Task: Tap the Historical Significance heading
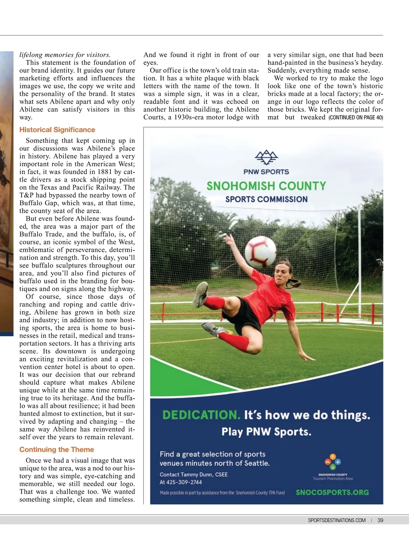[57, 130]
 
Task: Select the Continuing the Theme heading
[57, 449]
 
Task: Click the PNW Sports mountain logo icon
[266, 157]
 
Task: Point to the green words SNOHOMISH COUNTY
[266, 186]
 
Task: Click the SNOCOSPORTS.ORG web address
[332, 492]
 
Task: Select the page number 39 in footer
[380, 520]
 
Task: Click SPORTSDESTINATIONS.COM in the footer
[336, 520]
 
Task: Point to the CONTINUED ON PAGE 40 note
[356, 118]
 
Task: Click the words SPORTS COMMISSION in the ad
[266, 199]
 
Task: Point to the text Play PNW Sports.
[266, 432]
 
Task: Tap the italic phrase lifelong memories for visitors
[65, 55]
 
